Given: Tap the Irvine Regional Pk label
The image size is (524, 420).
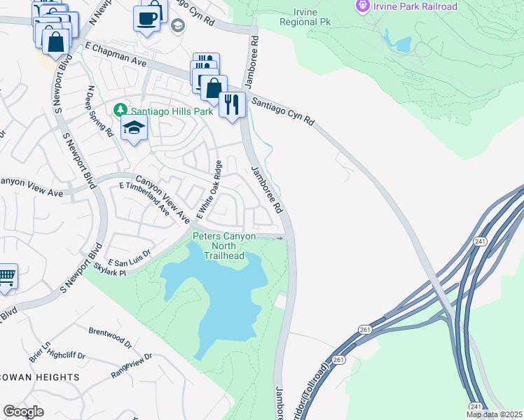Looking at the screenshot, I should coord(305,16).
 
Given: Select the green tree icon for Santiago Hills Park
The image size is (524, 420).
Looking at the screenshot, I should coord(120,111).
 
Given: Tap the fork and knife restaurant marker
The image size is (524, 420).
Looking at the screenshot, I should coord(232,104).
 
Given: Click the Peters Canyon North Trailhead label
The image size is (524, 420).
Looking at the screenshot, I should coord(224,246).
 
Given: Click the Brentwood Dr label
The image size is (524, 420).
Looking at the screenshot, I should coord(110,337).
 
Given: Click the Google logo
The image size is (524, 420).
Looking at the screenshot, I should coord(23,412).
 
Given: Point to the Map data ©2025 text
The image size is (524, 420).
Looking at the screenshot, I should coord(493,414).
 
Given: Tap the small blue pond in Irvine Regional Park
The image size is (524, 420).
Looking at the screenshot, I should coord(402,44).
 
